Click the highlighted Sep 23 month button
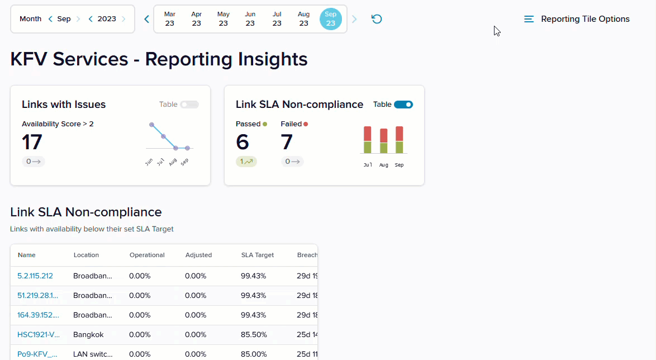[331, 19]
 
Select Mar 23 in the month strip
[169, 19]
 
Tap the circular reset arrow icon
[377, 19]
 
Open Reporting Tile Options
[577, 19]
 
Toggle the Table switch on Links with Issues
[189, 105]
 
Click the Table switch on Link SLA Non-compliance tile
[403, 105]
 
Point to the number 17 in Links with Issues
[32, 142]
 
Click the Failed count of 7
[287, 142]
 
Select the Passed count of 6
[242, 142]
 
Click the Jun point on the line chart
[151, 125]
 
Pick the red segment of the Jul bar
[367, 134]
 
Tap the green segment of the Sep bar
[399, 147]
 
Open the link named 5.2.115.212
[35, 276]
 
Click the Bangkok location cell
[88, 335]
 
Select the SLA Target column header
[258, 255]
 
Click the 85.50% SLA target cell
[253, 335]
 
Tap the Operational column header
[147, 255]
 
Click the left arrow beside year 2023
[91, 19]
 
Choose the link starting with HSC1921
[39, 335]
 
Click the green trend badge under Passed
[246, 162]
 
